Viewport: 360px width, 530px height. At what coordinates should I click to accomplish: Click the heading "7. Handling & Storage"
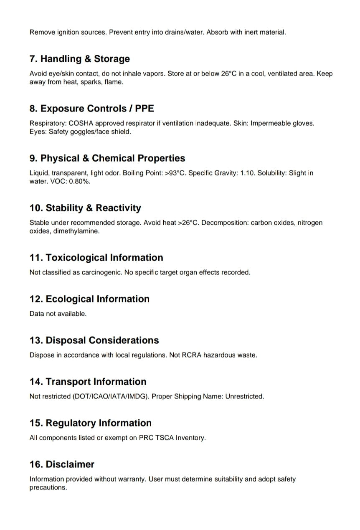(x=79, y=59)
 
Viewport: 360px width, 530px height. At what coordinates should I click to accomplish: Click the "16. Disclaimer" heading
(x=62, y=464)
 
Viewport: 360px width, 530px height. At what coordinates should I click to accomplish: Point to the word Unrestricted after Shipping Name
(x=244, y=396)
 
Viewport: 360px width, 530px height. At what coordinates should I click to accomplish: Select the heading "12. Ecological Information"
(x=89, y=299)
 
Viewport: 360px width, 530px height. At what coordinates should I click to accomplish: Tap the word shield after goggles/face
(x=122, y=132)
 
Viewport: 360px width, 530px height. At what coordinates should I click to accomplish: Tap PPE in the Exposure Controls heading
(x=145, y=109)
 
